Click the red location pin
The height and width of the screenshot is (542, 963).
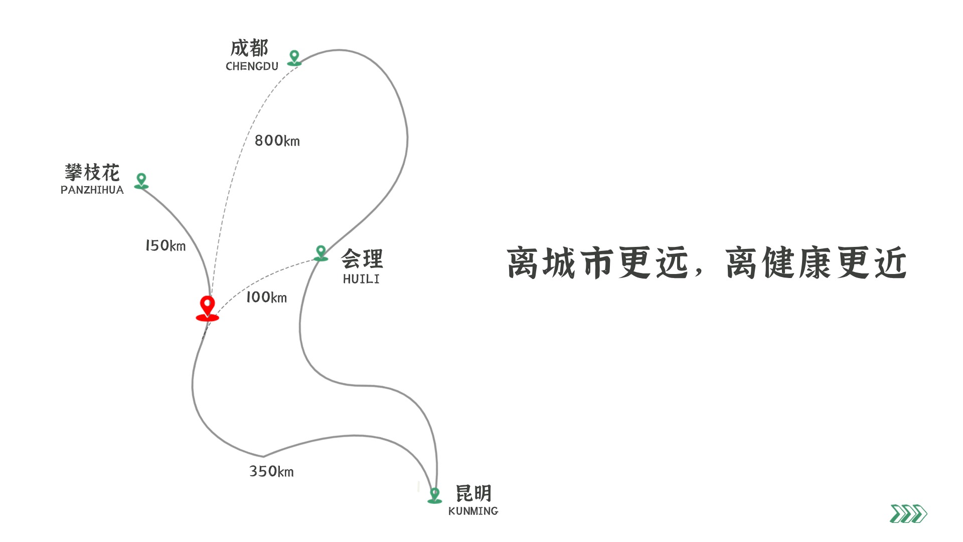pyautogui.click(x=207, y=308)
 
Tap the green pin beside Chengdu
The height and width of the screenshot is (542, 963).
pyautogui.click(x=294, y=58)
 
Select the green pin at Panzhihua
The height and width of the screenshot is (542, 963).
pyautogui.click(x=141, y=181)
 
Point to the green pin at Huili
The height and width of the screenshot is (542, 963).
pyautogui.click(x=321, y=253)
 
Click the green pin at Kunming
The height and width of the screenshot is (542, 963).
pyautogui.click(x=434, y=495)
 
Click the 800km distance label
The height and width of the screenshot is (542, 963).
pyautogui.click(x=277, y=141)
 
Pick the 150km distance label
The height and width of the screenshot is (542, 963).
pyautogui.click(x=166, y=245)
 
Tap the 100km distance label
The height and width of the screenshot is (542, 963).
pyautogui.click(x=266, y=297)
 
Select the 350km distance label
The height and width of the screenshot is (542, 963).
pyautogui.click(x=271, y=471)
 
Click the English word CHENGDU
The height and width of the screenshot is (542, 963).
pyautogui.click(x=252, y=66)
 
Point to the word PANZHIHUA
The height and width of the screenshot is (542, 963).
pyautogui.click(x=92, y=190)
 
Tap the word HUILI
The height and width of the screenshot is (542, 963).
pyautogui.click(x=361, y=279)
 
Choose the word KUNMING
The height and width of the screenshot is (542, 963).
pyautogui.click(x=473, y=511)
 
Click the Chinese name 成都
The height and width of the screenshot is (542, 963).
pyautogui.click(x=249, y=48)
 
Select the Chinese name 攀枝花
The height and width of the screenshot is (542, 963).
pyautogui.click(x=92, y=173)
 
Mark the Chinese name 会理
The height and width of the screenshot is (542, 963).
pyautogui.click(x=362, y=259)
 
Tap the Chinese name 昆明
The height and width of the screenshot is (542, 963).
pyautogui.click(x=473, y=493)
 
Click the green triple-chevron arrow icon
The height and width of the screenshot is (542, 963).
pyautogui.click(x=908, y=514)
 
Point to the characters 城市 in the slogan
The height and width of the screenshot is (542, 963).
pyautogui.click(x=578, y=262)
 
